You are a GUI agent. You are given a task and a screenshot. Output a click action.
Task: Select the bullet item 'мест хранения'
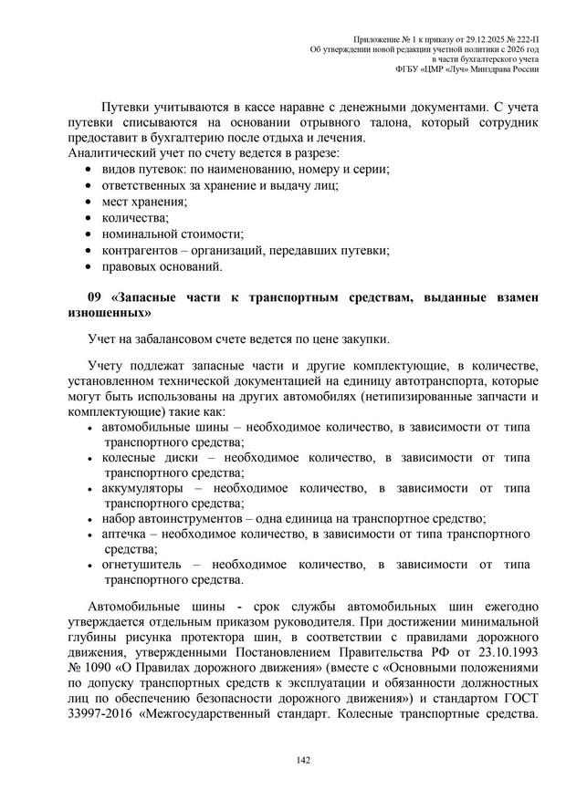[x=144, y=202]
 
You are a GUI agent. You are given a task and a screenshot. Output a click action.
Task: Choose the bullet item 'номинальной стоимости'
[x=173, y=234]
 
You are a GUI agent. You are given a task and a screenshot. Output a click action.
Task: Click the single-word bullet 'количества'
[x=135, y=218]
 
